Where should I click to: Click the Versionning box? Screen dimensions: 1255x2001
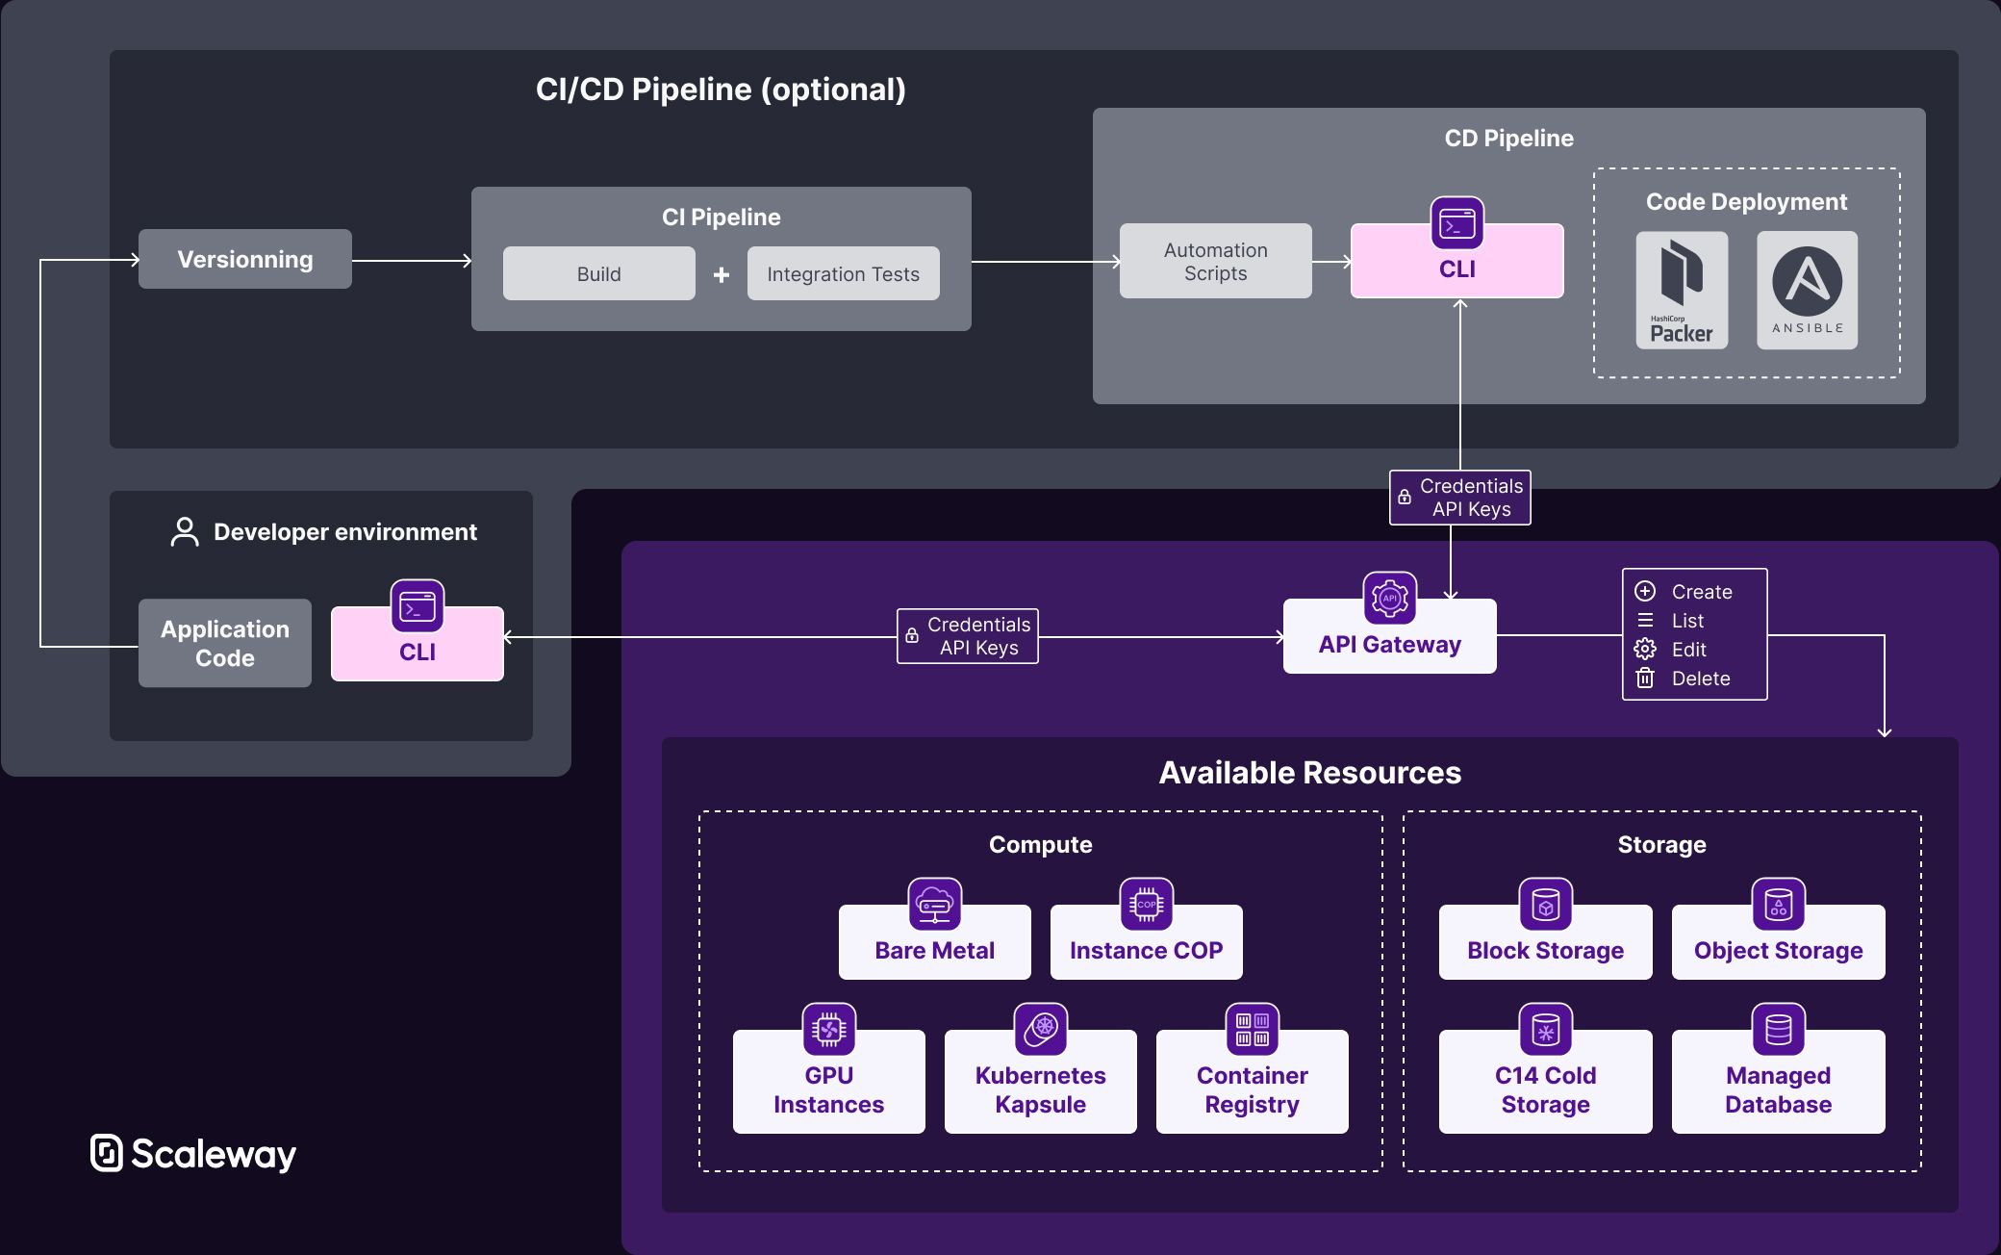[x=244, y=259]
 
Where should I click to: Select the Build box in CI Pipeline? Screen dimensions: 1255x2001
[x=598, y=273]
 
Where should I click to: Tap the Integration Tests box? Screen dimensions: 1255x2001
[x=843, y=273]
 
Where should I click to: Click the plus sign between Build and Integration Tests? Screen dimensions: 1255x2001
[x=722, y=275]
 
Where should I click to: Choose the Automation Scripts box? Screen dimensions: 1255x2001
[x=1215, y=261]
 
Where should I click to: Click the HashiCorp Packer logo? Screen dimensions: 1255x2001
[x=1682, y=290]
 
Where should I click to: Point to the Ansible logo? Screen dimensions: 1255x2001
[x=1807, y=290]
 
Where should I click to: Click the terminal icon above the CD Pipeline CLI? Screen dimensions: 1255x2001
[x=1456, y=223]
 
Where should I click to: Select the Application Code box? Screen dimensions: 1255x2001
[x=224, y=643]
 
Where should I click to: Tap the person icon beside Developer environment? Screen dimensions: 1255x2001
[x=185, y=531]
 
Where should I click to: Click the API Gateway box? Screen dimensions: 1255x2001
[x=1389, y=643]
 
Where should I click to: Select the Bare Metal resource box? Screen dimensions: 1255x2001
[x=934, y=948]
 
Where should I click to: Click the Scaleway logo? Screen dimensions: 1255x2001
[x=193, y=1153]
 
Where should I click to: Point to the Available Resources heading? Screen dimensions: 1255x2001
[x=1309, y=772]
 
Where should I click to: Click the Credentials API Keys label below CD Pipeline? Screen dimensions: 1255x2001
[x=1460, y=498]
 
